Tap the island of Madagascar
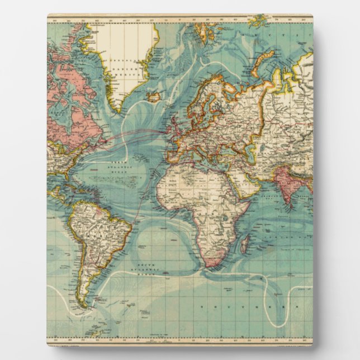[245, 244]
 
